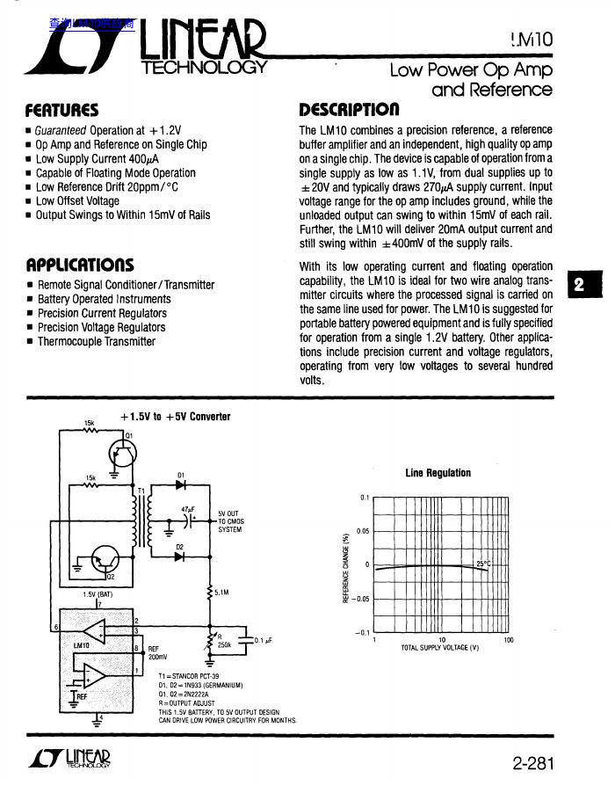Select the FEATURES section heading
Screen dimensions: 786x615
click(61, 111)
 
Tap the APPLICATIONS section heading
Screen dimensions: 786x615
click(80, 265)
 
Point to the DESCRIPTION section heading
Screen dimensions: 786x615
click(350, 111)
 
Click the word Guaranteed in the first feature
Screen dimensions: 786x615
click(61, 130)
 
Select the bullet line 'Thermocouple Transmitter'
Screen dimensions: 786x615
click(96, 341)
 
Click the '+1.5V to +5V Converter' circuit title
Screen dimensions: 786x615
click(176, 417)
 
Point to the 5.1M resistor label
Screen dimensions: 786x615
click(221, 593)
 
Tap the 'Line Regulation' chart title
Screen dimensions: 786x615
click(438, 473)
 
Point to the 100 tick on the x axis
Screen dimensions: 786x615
click(508, 640)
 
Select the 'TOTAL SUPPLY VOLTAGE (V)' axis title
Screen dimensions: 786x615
click(439, 648)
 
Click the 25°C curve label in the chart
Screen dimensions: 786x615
click(484, 564)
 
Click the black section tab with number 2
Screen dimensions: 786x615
click(579, 285)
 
